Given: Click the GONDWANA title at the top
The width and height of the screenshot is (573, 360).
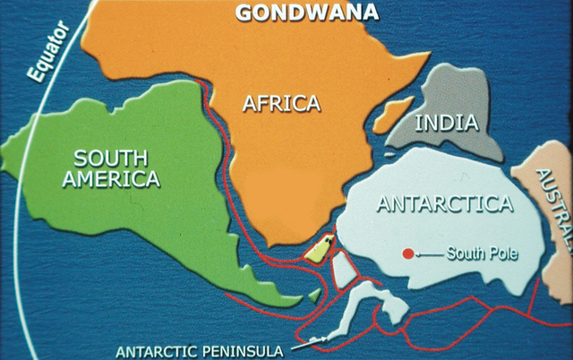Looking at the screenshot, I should pyautogui.click(x=306, y=12).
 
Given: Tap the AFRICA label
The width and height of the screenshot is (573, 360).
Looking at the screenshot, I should pyautogui.click(x=281, y=104).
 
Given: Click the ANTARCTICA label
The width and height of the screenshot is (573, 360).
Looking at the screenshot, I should pyautogui.click(x=444, y=203).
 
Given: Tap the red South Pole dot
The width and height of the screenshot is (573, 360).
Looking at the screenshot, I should pyautogui.click(x=408, y=253).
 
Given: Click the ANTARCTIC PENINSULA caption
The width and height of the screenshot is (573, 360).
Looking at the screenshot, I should pyautogui.click(x=199, y=350).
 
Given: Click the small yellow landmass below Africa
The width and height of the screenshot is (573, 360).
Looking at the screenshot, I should pyautogui.click(x=316, y=250).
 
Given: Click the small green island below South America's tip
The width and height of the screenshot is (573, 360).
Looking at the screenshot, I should pyautogui.click(x=312, y=295).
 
